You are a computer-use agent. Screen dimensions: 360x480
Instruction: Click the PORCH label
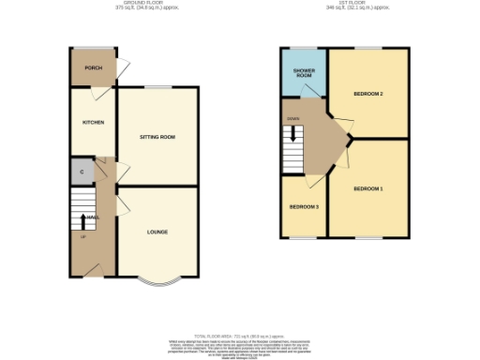[x=93, y=67]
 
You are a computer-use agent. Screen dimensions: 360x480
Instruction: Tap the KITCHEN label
[x=93, y=122]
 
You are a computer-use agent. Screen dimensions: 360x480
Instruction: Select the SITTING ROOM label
[x=157, y=137]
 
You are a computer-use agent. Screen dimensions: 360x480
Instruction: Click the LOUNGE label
[x=157, y=231]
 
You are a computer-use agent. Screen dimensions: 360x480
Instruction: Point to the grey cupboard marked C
[x=82, y=172]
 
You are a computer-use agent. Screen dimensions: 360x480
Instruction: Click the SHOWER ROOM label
[x=304, y=72]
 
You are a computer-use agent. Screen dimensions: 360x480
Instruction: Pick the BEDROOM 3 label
[x=304, y=206]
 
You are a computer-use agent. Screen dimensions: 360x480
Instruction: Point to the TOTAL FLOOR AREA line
[x=238, y=335]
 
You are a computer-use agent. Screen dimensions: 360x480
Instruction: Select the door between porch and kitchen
[x=95, y=92]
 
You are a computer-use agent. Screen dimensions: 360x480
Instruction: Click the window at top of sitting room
[x=157, y=88]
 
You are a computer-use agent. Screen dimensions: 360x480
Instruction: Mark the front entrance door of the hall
[x=92, y=270]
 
